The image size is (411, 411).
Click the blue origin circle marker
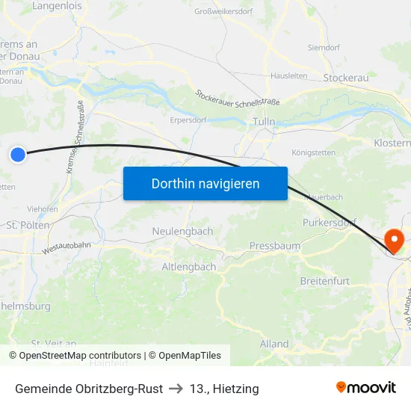click(x=18, y=155)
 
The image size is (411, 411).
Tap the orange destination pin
click(x=393, y=241)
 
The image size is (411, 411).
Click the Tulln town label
click(x=265, y=122)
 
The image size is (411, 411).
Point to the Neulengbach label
click(x=182, y=231)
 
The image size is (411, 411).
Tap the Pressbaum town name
click(x=274, y=245)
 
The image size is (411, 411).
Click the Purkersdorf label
click(x=330, y=223)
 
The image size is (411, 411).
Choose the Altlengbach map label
click(x=189, y=266)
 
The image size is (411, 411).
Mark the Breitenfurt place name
click(x=324, y=280)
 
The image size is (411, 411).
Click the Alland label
click(x=274, y=344)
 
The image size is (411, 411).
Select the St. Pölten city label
click(x=28, y=224)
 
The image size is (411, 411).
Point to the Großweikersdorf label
click(x=224, y=11)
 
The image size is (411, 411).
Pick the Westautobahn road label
click(x=67, y=249)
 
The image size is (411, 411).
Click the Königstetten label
click(x=315, y=152)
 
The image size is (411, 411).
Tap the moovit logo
click(x=365, y=387)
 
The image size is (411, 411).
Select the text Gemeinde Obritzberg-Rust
click(x=88, y=389)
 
